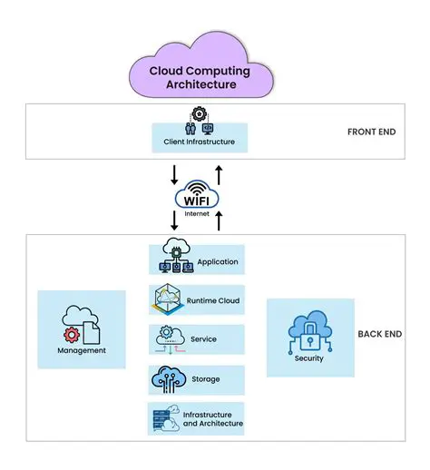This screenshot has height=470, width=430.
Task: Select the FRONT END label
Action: pos(372,132)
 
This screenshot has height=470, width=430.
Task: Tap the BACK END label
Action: pos(380,334)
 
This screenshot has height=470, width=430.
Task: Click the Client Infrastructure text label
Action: pos(199,142)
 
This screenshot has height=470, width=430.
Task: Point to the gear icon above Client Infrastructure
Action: pos(199,114)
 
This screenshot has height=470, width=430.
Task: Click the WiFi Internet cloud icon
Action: pos(198,194)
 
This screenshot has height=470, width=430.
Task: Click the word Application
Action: pos(217,262)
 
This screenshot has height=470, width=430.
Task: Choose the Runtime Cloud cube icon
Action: pos(170,300)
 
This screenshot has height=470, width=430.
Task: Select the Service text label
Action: pos(203,338)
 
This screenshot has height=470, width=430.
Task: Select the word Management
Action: pos(82,350)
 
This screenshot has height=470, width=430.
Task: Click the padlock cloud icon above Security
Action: pos(308,329)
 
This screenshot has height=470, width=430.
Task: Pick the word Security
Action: pos(308,358)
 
